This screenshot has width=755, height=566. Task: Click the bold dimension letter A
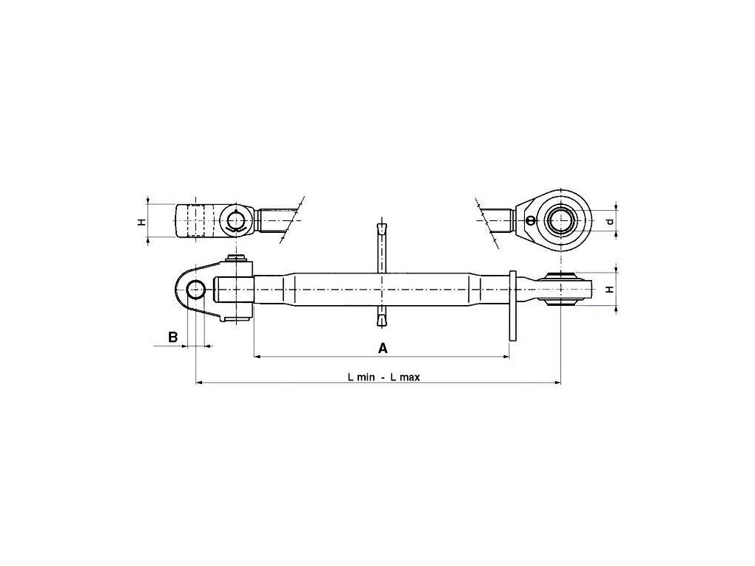pos(383,347)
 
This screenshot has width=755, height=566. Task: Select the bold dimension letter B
pos(173,337)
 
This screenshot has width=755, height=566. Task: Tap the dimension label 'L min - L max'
pos(383,377)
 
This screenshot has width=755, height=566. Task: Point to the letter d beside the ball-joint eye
pos(609,221)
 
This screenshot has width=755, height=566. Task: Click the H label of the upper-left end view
pos(142,220)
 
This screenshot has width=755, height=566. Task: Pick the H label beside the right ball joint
pos(609,290)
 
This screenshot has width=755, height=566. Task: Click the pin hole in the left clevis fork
pos(195,289)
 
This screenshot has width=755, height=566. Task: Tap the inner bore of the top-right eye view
pos(563,220)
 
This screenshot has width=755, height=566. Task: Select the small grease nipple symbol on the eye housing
pos(529,220)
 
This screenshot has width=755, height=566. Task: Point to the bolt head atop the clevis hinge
pos(237,258)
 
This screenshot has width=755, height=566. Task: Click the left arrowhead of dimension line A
pos(257,357)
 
